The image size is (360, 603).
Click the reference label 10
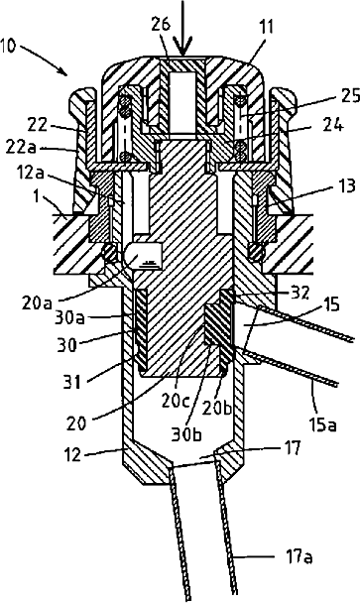click(x=8, y=47)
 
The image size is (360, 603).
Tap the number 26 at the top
click(x=161, y=25)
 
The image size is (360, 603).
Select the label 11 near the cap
click(x=266, y=28)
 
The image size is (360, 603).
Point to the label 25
click(x=350, y=96)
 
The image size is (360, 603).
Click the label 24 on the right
click(x=332, y=124)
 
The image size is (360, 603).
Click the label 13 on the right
click(x=347, y=185)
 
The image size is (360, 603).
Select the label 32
click(x=300, y=293)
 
